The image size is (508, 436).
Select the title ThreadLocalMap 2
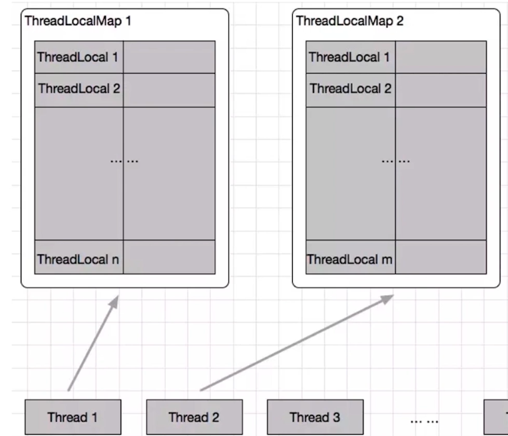pos(350,21)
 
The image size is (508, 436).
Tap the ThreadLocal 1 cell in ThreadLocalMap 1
pos(79,58)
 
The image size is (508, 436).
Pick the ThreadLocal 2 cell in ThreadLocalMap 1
pos(79,89)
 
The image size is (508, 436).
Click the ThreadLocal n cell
pos(79,259)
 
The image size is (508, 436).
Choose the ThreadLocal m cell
pos(350,259)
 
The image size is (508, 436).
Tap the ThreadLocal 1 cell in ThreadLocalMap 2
pos(350,58)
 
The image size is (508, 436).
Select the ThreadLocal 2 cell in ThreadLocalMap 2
pos(350,89)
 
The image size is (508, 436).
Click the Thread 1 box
pos(73,417)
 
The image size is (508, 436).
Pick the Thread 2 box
pos(194,417)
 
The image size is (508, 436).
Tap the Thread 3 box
pos(315,417)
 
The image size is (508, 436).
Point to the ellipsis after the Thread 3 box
pos(424,420)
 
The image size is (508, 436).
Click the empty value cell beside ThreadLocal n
pos(169,257)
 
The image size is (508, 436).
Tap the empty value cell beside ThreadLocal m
pos(440,257)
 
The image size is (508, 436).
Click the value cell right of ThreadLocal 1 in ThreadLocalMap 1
pos(169,58)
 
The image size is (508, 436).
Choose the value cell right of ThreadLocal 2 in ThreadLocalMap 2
pos(440,89)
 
